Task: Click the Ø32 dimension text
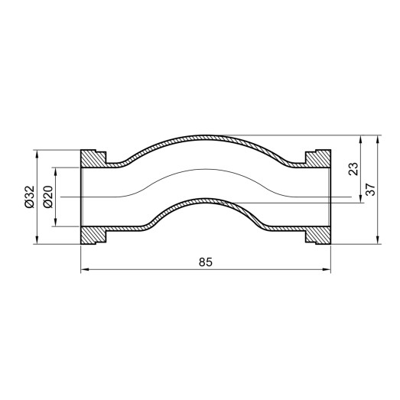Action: [x=29, y=197]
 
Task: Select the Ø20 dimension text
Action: [x=47, y=197]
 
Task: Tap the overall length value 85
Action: [x=205, y=262]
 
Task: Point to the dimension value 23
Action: [x=353, y=169]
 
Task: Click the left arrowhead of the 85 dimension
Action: [x=84, y=269]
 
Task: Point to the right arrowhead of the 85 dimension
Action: [x=327, y=269]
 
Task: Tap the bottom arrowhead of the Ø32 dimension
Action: [x=37, y=242]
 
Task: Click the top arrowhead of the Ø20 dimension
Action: [x=56, y=171]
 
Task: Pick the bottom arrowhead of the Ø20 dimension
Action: [x=56, y=224]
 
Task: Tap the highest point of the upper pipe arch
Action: [x=205, y=137]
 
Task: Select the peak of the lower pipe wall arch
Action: [x=205, y=201]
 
